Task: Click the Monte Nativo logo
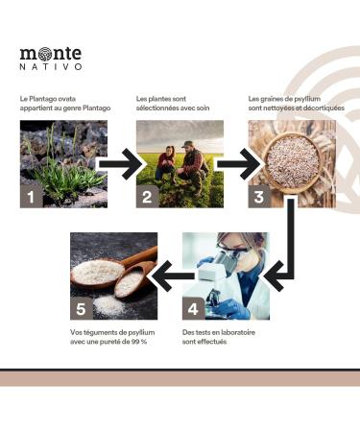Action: coord(50,58)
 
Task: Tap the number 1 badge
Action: coord(32,197)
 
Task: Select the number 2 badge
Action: coord(146,197)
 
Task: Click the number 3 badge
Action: coord(258,197)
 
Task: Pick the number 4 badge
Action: coord(192,308)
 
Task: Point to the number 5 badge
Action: coord(82,308)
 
